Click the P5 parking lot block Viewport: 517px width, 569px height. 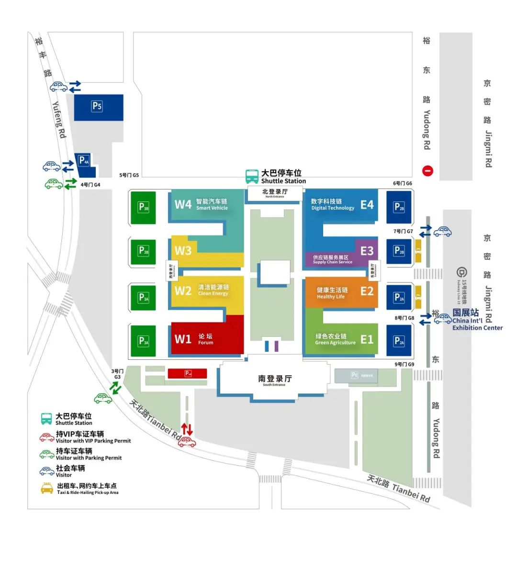click(98, 107)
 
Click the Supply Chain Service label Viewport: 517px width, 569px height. click(332, 259)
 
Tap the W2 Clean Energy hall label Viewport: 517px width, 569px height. click(202, 290)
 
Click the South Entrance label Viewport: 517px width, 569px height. click(274, 380)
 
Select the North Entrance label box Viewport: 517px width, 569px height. click(275, 193)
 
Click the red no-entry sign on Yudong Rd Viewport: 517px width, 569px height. click(427, 171)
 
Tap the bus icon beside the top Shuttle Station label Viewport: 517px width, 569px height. click(252, 177)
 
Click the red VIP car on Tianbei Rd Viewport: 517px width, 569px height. click(187, 442)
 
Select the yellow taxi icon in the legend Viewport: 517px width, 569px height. click(47, 489)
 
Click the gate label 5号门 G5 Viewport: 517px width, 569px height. click(129, 175)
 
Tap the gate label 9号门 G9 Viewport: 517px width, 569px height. click(404, 365)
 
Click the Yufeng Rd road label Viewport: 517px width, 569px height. click(58, 120)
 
